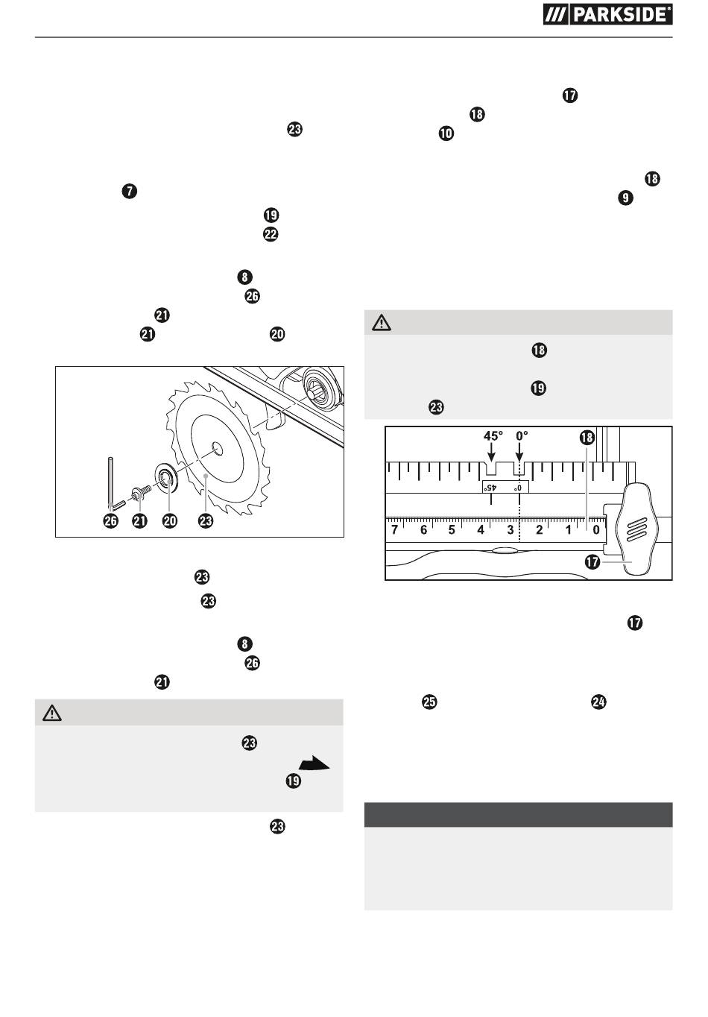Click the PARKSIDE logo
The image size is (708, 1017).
[607, 15]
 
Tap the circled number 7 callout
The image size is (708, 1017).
[130, 191]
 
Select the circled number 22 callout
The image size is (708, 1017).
[271, 234]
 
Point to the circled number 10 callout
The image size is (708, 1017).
[446, 133]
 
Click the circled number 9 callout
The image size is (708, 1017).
[625, 198]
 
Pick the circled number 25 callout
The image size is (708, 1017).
[429, 702]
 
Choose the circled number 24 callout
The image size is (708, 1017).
[598, 702]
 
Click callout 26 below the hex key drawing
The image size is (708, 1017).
[111, 520]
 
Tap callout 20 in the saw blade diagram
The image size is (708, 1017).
[170, 520]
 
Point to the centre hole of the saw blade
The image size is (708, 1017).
[217, 449]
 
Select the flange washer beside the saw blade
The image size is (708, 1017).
[167, 479]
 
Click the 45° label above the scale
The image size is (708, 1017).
[493, 436]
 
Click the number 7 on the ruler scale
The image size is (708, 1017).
[394, 529]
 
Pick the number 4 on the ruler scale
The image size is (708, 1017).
[481, 529]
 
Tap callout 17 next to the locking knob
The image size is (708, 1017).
[592, 562]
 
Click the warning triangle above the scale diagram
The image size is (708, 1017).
[382, 323]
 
